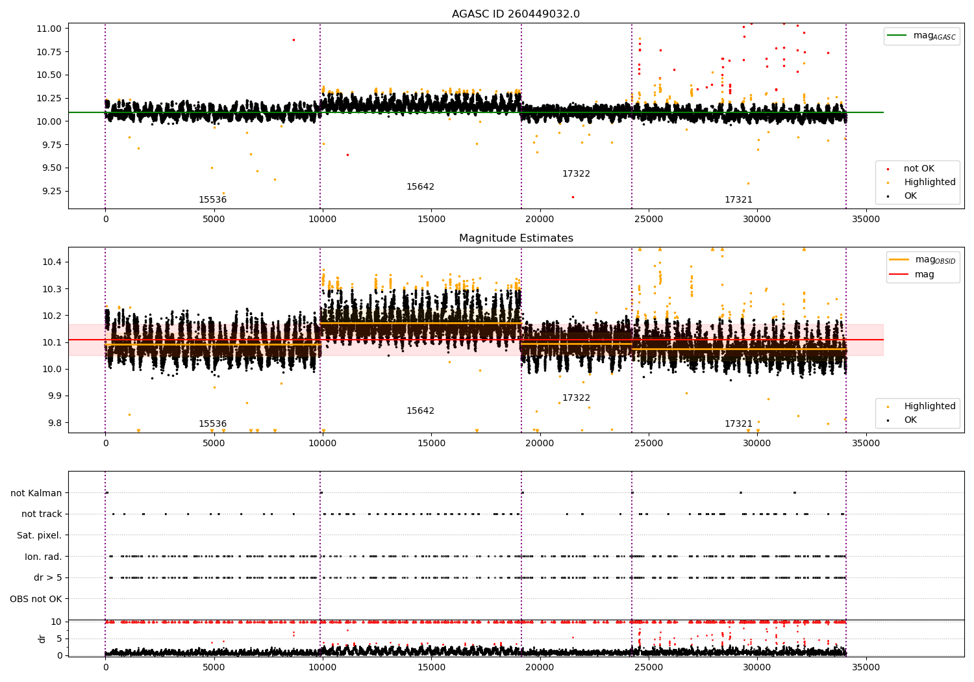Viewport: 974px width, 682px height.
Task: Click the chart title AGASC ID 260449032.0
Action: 516,14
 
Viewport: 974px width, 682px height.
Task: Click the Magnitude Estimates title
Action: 516,238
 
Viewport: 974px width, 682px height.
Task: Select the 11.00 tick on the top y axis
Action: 49,29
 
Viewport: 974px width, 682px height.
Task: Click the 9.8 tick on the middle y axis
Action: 54,422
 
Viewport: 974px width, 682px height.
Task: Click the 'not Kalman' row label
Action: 36,493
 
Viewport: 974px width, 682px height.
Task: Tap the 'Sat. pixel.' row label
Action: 39,535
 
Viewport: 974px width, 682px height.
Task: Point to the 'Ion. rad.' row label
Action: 43,557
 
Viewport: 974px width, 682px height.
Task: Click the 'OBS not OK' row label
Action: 36,599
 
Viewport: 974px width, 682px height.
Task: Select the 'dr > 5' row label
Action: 48,577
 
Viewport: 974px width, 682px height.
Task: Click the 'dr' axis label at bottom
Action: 42,638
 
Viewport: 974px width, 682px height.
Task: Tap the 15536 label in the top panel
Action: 212,199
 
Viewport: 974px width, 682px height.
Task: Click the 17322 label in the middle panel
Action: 576,398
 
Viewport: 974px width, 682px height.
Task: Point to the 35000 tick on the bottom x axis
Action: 866,667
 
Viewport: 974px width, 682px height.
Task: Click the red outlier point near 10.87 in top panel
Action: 293,40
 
